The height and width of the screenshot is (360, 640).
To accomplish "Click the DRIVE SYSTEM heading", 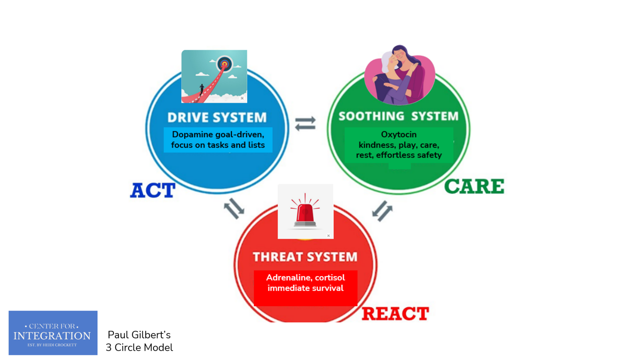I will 217,118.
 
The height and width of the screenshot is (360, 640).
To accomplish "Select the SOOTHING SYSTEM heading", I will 399,116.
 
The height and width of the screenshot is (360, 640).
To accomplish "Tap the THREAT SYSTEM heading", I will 305,257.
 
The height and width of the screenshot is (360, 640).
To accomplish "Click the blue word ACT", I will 153,190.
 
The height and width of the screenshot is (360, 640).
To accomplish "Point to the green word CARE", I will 474,187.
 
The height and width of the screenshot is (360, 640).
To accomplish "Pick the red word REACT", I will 395,314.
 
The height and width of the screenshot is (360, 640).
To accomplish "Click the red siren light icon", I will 305,212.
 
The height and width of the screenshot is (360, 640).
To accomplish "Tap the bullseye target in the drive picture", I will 225,64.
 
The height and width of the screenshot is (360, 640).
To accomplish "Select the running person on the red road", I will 202,89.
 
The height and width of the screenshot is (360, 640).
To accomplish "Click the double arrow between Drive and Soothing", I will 305,124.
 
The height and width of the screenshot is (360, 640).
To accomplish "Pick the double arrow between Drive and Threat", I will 234,208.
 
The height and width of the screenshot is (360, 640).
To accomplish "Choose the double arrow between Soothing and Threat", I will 382,211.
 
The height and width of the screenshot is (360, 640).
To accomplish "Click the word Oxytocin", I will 399,134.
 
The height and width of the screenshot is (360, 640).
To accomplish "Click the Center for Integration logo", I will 53,333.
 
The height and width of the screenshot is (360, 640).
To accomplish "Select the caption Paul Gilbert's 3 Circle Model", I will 139,341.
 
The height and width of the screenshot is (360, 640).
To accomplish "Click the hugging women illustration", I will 400,75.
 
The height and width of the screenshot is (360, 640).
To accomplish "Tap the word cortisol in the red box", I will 330,278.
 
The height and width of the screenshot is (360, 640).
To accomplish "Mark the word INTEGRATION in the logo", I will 52,336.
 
